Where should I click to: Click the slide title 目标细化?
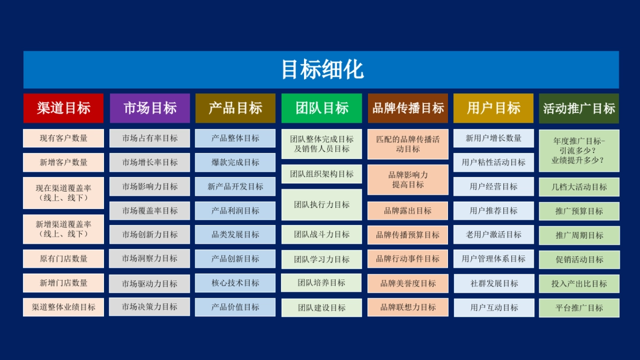[x=321, y=70]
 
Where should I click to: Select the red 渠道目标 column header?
[x=63, y=108]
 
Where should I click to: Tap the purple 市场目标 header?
[x=150, y=108]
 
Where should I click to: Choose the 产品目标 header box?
[x=235, y=108]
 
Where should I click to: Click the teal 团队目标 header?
[x=322, y=108]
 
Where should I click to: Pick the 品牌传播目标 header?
[x=408, y=108]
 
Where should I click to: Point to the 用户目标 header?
[x=493, y=108]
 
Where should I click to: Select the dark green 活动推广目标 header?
[x=579, y=108]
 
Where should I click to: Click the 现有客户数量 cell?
[x=63, y=138]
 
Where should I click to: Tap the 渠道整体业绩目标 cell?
[x=63, y=307]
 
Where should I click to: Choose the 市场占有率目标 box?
[x=150, y=138]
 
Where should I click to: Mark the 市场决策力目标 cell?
[x=150, y=307]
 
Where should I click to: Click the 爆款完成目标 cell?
[x=235, y=162]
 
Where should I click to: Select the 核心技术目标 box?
[x=235, y=283]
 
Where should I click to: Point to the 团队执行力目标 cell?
[x=322, y=205]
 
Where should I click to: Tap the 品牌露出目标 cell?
[x=408, y=211]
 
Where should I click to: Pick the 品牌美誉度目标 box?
[x=408, y=283]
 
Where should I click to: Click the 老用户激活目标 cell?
[x=493, y=235]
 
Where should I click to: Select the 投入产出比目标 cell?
[x=579, y=284]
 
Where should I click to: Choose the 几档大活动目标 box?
[x=579, y=187]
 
